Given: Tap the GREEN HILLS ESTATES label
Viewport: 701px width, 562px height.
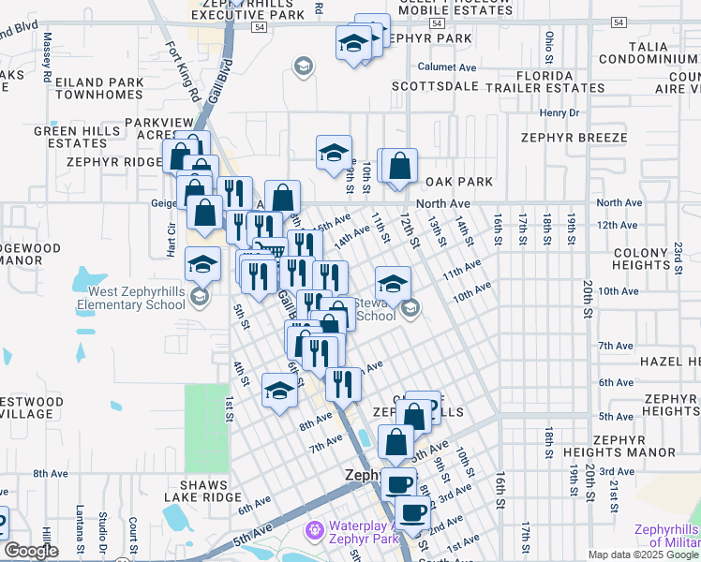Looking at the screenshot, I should click(71, 138).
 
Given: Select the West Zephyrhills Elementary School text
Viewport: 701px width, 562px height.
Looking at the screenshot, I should click(130, 298).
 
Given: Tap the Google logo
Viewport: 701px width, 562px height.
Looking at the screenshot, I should click(31, 551).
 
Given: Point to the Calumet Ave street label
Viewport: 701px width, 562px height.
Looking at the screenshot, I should click(448, 67).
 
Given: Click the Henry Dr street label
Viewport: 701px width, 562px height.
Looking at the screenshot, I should click(560, 112).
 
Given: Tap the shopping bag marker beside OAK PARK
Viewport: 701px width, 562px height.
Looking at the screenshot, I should click(400, 166).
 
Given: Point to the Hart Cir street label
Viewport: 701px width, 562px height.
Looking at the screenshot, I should click(171, 240).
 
